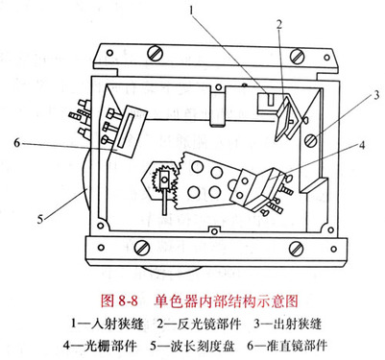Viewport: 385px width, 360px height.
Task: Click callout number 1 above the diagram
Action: tap(191, 11)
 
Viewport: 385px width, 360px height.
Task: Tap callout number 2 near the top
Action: tap(279, 25)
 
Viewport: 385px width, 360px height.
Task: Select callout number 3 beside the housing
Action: tap(376, 95)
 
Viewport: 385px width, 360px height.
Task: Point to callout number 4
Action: tap(362, 146)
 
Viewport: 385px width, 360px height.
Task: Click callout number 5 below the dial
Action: tap(39, 220)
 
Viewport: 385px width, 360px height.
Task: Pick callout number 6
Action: tap(17, 143)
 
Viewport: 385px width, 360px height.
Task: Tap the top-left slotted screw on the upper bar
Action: tap(156, 53)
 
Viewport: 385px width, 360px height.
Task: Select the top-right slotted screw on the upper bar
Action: tap(298, 55)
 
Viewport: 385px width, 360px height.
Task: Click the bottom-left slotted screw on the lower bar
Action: tap(142, 248)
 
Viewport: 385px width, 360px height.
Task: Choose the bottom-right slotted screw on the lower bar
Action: tap(296, 249)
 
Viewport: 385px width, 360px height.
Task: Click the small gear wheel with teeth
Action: tap(163, 179)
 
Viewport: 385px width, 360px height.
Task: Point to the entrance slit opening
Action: tap(271, 99)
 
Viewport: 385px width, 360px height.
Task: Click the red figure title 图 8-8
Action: tap(119, 300)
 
